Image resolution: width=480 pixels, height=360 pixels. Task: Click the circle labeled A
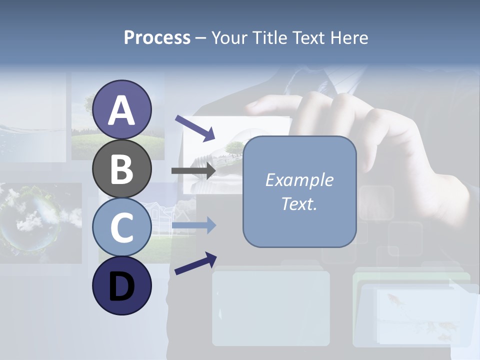coord(122,110)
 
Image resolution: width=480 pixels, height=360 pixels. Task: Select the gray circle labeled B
coord(122,169)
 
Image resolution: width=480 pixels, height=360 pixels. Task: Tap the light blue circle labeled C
coord(122,227)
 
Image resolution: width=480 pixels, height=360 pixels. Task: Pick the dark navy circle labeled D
coord(122,286)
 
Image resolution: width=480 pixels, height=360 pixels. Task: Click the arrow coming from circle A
coord(195,128)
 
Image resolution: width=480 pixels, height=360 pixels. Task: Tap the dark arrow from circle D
coord(195,264)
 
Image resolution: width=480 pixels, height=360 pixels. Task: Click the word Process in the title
coord(157,37)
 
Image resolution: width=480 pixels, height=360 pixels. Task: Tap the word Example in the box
coord(299,180)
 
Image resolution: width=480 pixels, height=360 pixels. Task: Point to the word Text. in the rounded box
coord(299,204)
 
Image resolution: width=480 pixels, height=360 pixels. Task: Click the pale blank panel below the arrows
coord(271,307)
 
